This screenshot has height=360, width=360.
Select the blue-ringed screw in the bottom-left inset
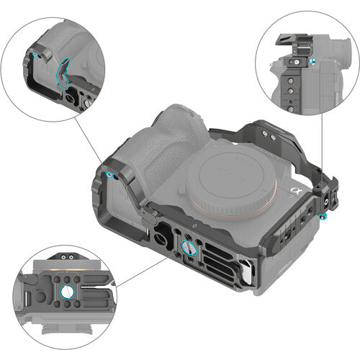click(x=66, y=292)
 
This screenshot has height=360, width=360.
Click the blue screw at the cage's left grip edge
click(x=107, y=175)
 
